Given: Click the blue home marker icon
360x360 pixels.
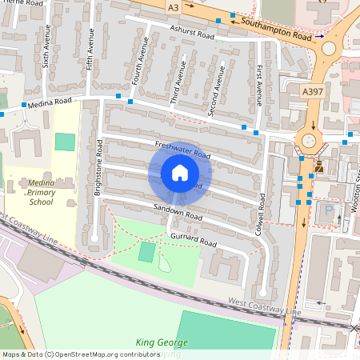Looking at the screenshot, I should [180, 173].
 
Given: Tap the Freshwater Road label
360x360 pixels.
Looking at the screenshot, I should [182, 149].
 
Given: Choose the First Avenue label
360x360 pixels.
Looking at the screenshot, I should [259, 86].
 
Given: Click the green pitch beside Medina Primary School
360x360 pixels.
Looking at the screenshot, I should [65, 142].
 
